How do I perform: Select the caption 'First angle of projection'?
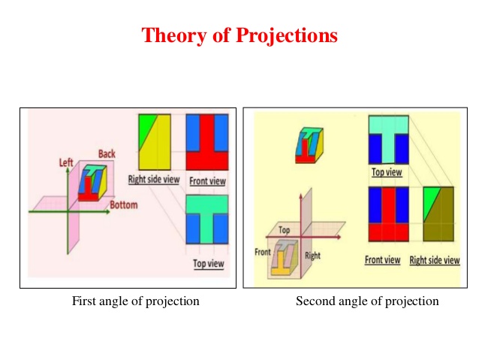[135, 301]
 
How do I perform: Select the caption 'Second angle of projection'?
[367, 301]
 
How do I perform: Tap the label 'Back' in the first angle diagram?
[107, 154]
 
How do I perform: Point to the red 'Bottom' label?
[123, 204]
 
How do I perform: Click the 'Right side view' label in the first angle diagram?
[153, 180]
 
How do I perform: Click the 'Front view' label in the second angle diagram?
[382, 260]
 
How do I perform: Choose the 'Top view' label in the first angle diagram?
[208, 264]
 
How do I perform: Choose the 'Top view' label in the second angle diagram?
[387, 172]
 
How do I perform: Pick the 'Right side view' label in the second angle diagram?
[435, 260]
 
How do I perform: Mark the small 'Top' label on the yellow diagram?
[285, 229]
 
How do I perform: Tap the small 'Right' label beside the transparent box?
[312, 256]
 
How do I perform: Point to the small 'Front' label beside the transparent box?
[262, 253]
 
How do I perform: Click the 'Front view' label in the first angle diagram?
[208, 181]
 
